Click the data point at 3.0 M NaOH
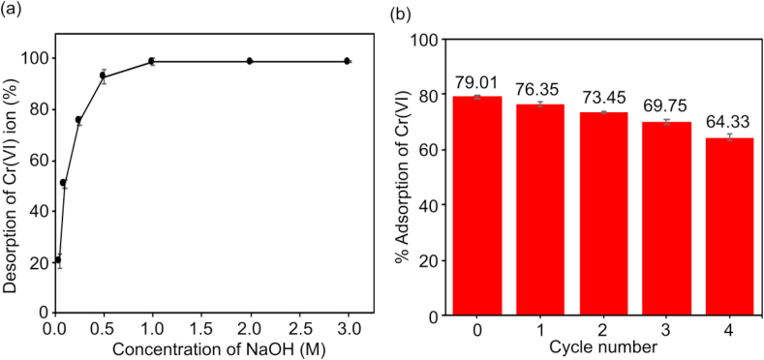pos(347,61)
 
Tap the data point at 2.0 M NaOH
pos(250,61)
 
